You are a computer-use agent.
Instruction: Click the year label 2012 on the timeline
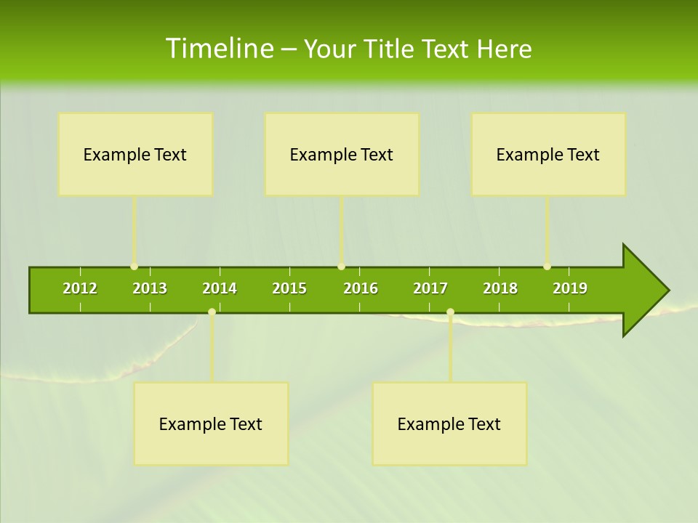click(x=80, y=288)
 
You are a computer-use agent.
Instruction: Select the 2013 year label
click(x=150, y=288)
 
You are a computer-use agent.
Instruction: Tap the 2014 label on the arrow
click(x=220, y=288)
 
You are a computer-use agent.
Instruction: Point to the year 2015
click(x=289, y=288)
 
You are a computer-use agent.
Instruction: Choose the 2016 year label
click(x=361, y=288)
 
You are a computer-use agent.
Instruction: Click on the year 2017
click(x=430, y=288)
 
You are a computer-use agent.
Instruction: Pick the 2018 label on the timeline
click(x=500, y=288)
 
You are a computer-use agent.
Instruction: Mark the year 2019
click(x=570, y=288)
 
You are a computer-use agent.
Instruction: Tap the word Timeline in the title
click(x=218, y=49)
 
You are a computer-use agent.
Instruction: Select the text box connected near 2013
click(x=135, y=154)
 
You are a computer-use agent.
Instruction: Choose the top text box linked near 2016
click(x=342, y=154)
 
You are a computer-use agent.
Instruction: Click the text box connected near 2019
click(x=548, y=154)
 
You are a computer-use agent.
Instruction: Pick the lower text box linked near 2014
click(x=211, y=423)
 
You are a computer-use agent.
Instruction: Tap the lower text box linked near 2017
click(x=449, y=423)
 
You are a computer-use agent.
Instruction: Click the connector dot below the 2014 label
click(x=212, y=312)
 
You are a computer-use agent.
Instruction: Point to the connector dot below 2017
click(x=450, y=312)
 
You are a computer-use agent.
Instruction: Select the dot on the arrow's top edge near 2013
click(x=134, y=267)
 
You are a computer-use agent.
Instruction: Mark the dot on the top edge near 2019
click(x=547, y=267)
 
